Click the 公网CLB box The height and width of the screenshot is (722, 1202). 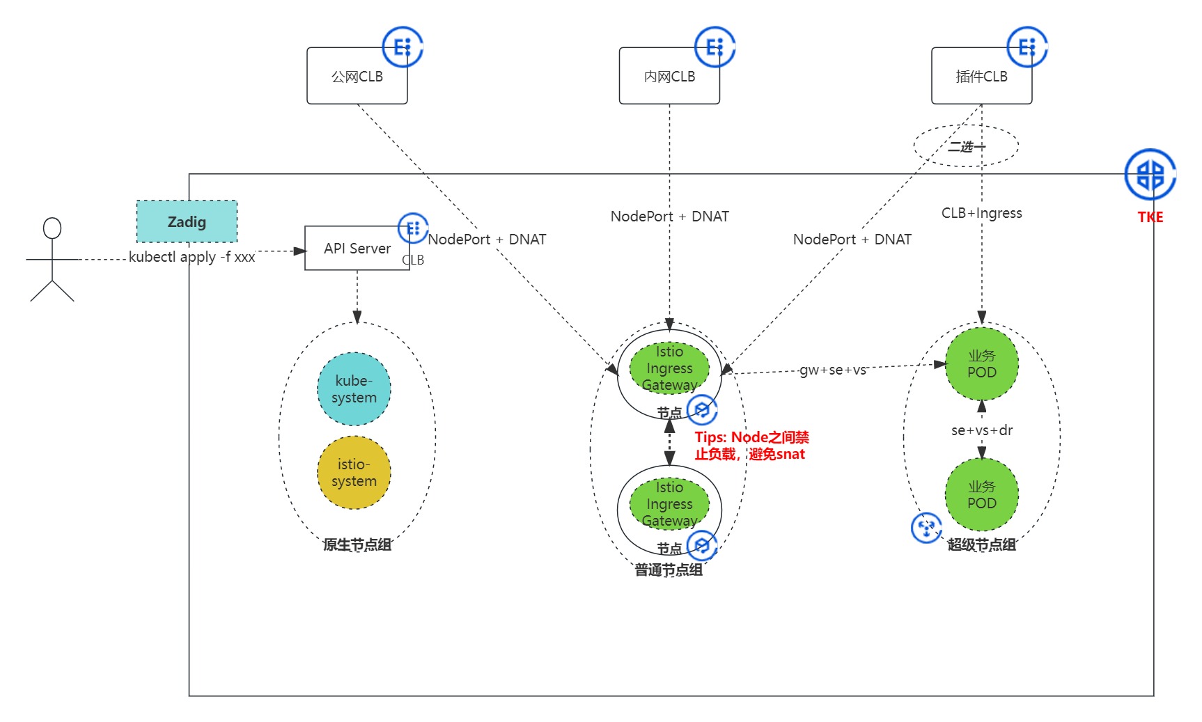click(357, 77)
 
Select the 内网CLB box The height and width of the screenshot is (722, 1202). click(669, 77)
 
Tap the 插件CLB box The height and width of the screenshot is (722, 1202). click(981, 77)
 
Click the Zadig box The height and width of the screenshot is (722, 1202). click(187, 222)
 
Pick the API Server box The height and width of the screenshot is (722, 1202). click(357, 249)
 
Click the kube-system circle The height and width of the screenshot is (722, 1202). click(354, 389)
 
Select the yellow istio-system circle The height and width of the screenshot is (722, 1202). click(354, 473)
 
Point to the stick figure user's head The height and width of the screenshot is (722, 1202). click(52, 228)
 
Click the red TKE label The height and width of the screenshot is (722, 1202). click(1150, 217)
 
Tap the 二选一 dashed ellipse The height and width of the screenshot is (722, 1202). click(966, 146)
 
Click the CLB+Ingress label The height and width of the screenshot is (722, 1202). click(981, 213)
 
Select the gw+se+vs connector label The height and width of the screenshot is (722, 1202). click(832, 370)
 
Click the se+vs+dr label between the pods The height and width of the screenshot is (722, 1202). click(981, 430)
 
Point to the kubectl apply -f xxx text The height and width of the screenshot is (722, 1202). click(192, 257)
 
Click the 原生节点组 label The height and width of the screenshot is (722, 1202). click(357, 545)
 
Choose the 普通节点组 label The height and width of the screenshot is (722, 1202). click(669, 570)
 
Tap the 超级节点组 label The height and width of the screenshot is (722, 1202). click(981, 545)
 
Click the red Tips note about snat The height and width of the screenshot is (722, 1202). click(751, 446)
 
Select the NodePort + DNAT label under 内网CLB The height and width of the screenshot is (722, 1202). click(669, 217)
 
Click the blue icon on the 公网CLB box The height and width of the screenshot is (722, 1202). click(403, 47)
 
